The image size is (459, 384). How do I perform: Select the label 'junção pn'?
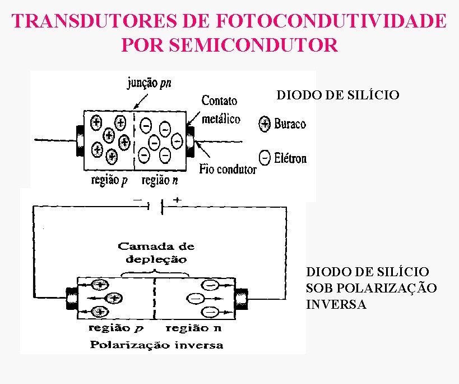pyautogui.click(x=148, y=84)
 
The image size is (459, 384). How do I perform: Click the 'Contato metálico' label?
pyautogui.click(x=220, y=109)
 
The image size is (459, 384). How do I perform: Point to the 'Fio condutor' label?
pyautogui.click(x=228, y=168)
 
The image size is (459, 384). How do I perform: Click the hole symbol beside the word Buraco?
pyautogui.click(x=265, y=124)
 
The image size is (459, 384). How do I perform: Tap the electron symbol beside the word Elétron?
pyautogui.click(x=265, y=158)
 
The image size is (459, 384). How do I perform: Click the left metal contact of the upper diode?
pyautogui.click(x=80, y=140)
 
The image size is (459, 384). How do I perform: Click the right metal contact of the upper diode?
pyautogui.click(x=191, y=140)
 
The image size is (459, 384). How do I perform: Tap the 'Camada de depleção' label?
pyautogui.click(x=156, y=253)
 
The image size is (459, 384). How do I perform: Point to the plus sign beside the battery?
pyautogui.click(x=178, y=200)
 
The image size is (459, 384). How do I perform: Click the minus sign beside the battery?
pyautogui.click(x=136, y=200)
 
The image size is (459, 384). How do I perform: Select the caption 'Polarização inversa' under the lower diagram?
pyautogui.click(x=156, y=345)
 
